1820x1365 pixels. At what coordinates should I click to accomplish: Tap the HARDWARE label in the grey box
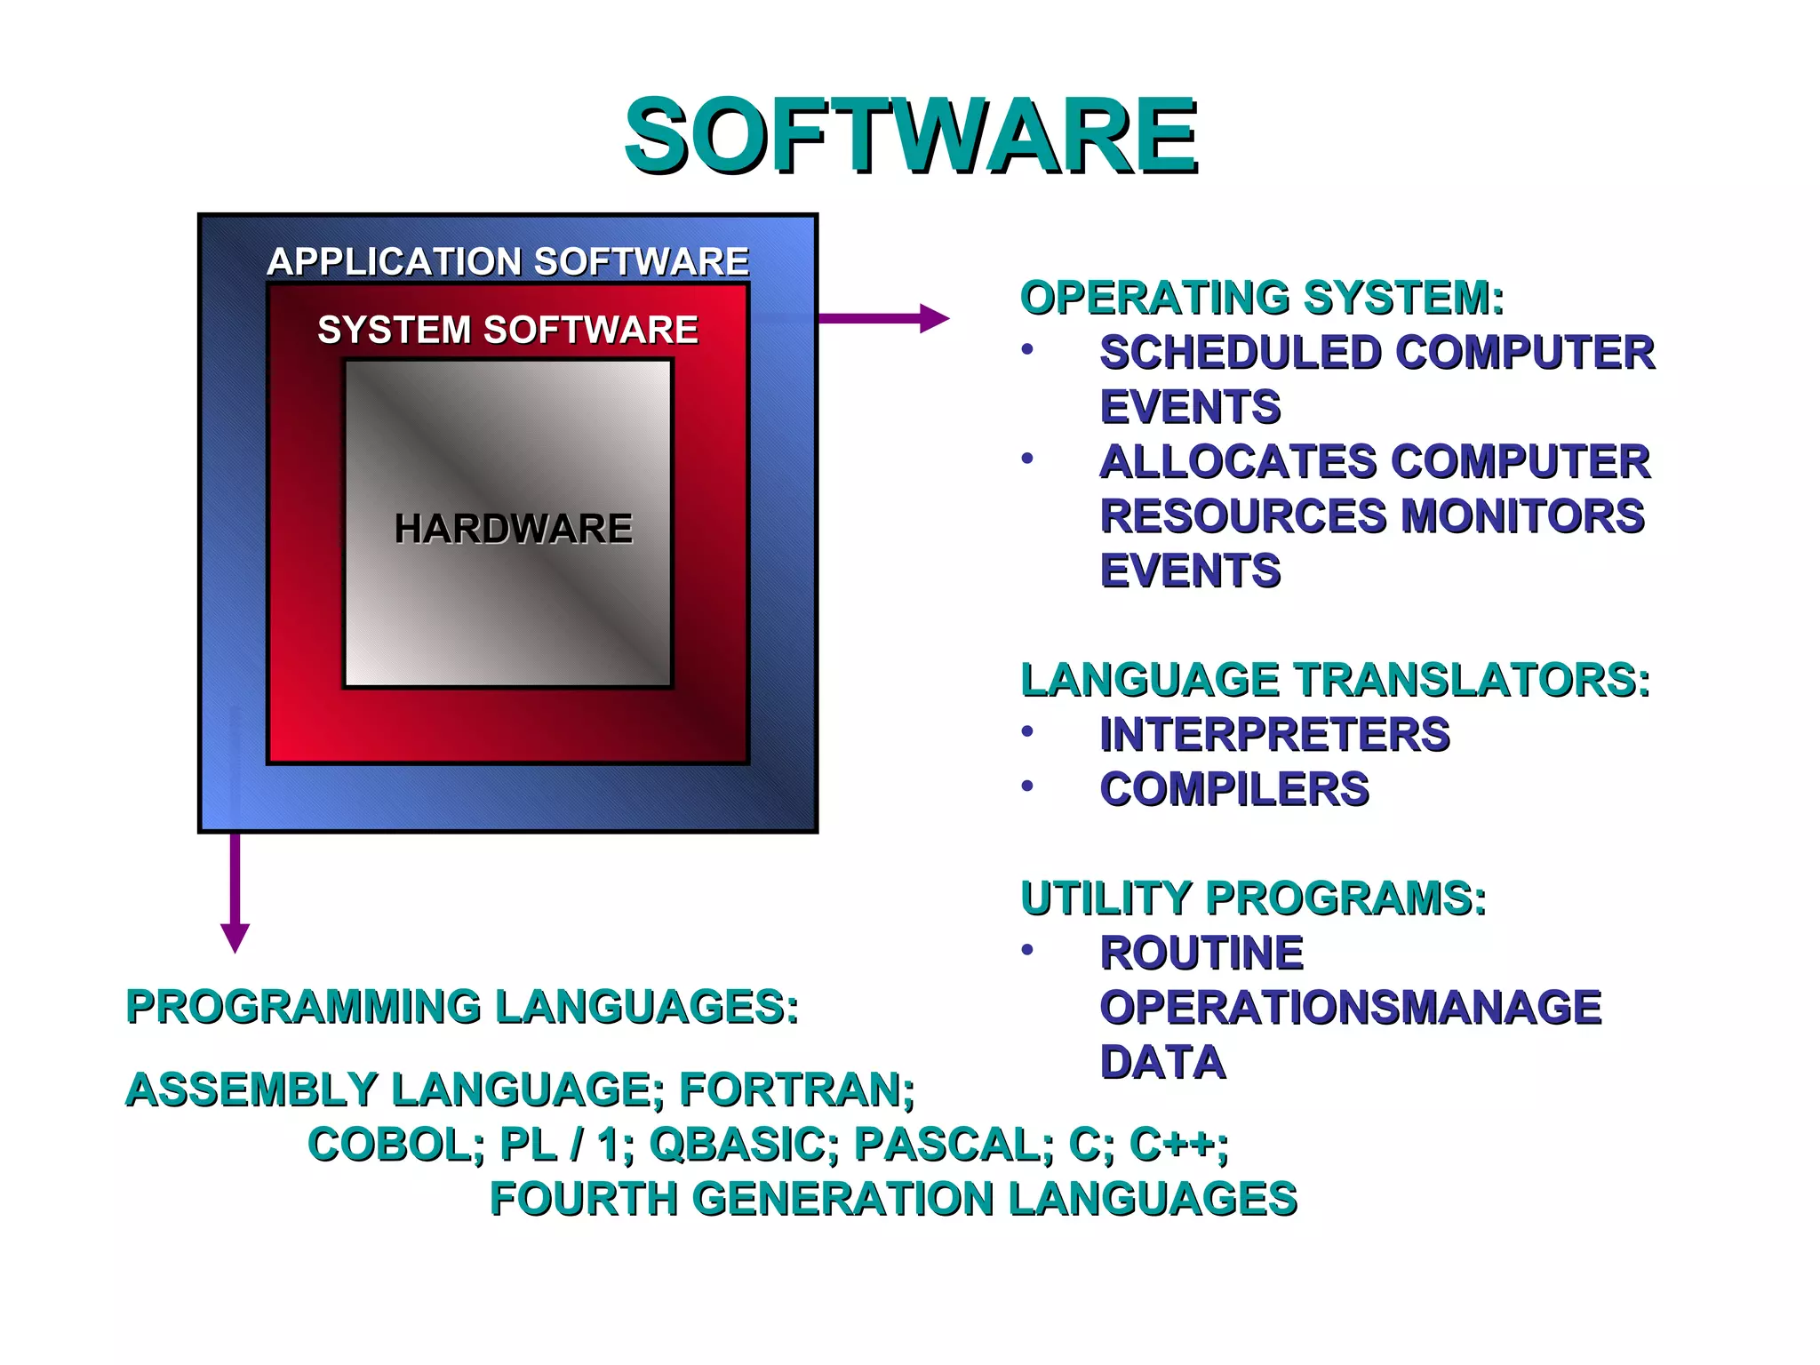coord(513,529)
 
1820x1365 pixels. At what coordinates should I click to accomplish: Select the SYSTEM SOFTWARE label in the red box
coord(507,330)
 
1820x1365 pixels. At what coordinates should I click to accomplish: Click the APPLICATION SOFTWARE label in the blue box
coord(507,262)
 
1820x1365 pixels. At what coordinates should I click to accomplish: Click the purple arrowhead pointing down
coord(235,938)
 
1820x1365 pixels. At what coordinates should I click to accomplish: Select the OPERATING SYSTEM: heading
coord(1262,298)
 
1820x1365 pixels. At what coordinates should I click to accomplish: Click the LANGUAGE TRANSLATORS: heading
coord(1335,681)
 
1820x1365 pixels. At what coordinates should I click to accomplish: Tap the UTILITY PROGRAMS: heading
coord(1253,898)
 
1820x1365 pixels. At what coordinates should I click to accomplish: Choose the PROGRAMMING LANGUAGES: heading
coord(462,1008)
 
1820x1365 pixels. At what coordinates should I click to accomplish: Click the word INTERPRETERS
coord(1274,735)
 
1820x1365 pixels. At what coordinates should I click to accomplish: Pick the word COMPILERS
coord(1234,789)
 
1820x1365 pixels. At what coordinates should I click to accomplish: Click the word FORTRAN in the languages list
coord(796,1090)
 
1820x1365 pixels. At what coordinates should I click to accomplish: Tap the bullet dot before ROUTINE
coord(1027,950)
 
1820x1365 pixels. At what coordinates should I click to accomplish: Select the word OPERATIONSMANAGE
coord(1350,1008)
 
